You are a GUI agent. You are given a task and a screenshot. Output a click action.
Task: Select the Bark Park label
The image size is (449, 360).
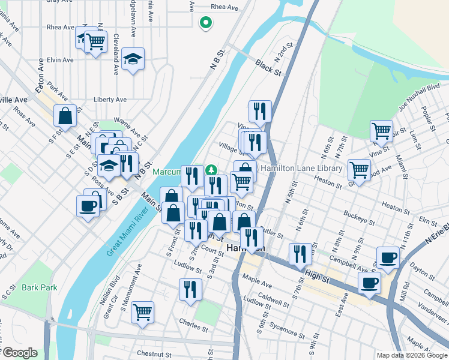tap(40, 287)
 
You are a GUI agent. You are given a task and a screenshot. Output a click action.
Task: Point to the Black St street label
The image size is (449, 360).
tap(268, 67)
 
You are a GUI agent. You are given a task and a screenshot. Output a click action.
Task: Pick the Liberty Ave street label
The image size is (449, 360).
tap(110, 99)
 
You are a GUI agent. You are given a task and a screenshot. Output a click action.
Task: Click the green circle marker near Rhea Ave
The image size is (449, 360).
tap(205, 23)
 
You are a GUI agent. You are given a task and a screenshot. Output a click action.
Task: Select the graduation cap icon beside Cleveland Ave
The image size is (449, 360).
tap(133, 59)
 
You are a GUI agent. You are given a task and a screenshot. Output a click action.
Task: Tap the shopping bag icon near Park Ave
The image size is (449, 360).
tap(65, 115)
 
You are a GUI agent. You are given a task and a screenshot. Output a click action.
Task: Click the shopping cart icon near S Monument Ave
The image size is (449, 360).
tap(142, 311)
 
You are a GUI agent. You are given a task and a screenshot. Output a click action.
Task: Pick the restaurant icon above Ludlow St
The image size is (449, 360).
tap(190, 289)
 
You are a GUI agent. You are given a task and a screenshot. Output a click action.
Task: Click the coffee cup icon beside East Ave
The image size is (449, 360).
tap(369, 282)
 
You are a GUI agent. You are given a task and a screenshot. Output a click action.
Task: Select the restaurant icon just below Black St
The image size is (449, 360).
tap(260, 110)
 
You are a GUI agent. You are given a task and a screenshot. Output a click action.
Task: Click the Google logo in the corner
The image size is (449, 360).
tap(19, 353)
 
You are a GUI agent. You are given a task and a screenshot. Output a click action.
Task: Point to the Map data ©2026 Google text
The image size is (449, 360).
tap(412, 355)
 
